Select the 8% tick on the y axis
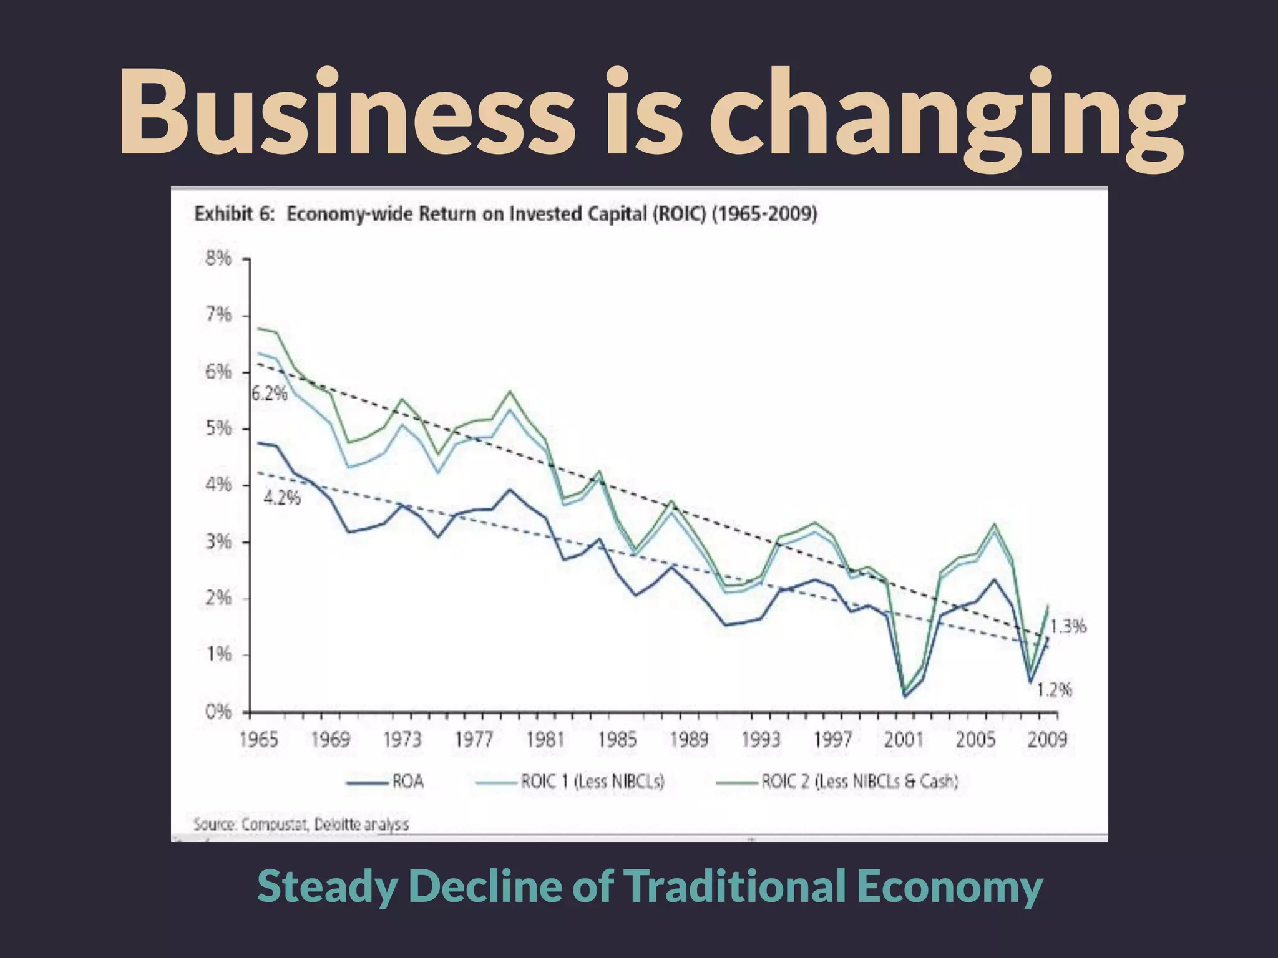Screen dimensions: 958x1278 tap(218, 258)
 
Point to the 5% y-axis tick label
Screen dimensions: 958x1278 tap(218, 429)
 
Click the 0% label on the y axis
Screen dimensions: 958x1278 tap(218, 711)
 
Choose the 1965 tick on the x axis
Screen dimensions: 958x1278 tap(258, 740)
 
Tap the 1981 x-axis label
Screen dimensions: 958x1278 tap(545, 740)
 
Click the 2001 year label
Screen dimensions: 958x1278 tap(904, 740)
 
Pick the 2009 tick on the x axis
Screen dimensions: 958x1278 tap(1047, 740)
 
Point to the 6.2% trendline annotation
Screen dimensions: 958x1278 tap(270, 394)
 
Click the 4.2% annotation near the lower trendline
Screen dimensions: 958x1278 tap(282, 498)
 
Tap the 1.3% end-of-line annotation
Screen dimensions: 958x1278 tap(1068, 626)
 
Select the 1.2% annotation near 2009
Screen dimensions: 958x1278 tap(1054, 690)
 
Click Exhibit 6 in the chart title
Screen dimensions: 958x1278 tap(234, 214)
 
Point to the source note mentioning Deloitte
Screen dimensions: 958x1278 tap(301, 824)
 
